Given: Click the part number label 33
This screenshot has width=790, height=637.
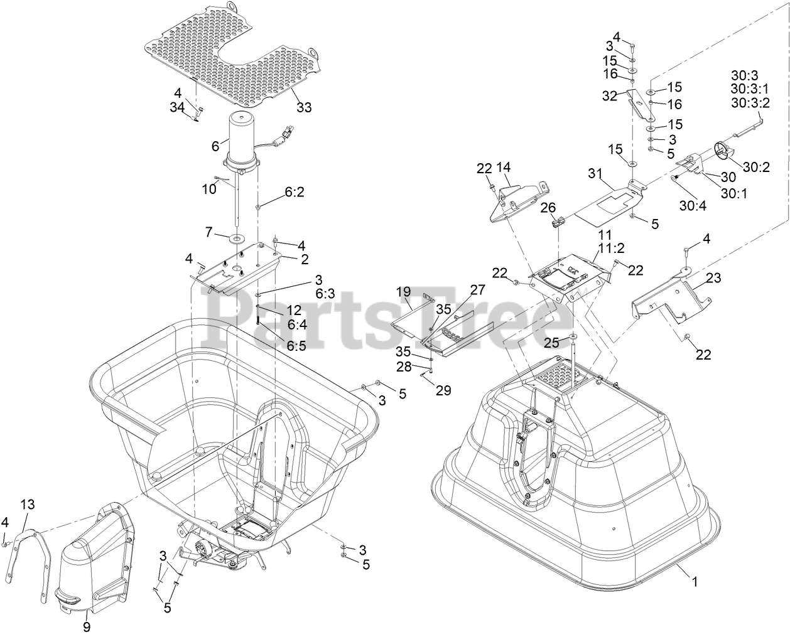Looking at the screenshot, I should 304,107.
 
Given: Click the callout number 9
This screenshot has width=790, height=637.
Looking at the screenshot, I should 87,626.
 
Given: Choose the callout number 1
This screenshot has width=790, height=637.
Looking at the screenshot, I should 695,582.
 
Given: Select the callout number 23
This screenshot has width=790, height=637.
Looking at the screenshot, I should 713,278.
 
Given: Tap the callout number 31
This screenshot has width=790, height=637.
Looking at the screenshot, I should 595,173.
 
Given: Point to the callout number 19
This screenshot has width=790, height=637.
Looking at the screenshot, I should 403,291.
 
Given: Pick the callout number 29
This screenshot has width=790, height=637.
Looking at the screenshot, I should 443,390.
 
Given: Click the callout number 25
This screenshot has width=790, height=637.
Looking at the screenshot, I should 551,342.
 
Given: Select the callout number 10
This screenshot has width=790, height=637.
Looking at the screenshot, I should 209,189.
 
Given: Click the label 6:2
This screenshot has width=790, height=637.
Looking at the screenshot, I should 295,194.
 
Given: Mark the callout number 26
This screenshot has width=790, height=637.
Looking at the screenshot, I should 548,206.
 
